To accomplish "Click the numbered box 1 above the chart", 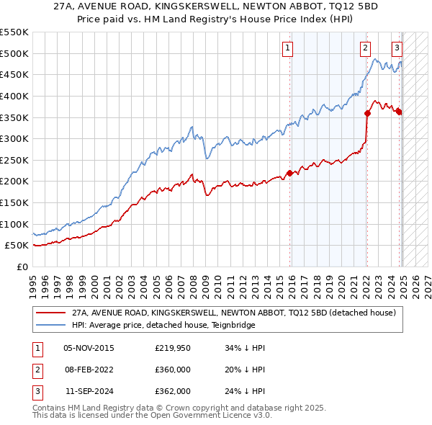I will click(x=287, y=48).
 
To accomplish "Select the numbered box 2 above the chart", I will click(x=366, y=48).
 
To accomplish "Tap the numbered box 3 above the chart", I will click(x=397, y=48).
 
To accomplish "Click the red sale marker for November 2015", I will click(x=289, y=173).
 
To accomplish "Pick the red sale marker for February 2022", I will click(x=367, y=112).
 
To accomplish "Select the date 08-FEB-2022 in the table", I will click(x=89, y=370).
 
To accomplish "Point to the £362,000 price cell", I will click(x=172, y=391).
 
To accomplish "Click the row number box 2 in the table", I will click(x=36, y=370).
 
